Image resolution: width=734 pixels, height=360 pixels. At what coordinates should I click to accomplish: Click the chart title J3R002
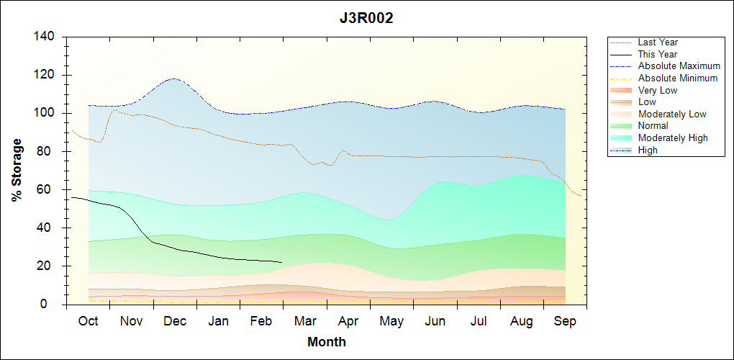point(366,18)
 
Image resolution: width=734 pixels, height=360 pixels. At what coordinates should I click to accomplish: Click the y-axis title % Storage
point(17,171)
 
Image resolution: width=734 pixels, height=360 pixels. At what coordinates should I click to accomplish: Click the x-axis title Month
point(326,342)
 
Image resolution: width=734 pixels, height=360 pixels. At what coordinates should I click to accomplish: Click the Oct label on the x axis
point(88,321)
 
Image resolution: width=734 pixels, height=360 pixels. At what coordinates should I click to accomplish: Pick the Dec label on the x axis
point(175,321)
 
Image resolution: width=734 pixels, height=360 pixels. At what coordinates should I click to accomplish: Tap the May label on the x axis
point(391,321)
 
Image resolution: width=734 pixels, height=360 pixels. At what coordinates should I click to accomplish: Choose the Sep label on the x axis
point(565,321)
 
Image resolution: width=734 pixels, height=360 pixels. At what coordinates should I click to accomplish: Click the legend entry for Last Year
point(658,42)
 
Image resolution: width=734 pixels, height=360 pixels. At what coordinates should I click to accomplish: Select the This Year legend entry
point(658,54)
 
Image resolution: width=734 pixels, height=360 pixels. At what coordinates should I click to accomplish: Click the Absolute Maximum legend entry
point(679,66)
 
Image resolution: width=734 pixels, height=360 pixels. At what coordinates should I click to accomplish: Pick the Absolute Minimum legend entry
point(678,78)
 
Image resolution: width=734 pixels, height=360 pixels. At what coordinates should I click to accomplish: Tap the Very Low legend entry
point(658,90)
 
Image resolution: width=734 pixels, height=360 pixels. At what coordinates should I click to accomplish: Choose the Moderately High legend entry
point(673,138)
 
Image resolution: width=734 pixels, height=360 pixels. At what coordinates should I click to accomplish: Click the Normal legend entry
point(653,126)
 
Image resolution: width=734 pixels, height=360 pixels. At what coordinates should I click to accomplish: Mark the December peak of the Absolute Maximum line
point(173,78)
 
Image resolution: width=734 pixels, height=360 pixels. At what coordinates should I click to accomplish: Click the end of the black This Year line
point(281,262)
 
